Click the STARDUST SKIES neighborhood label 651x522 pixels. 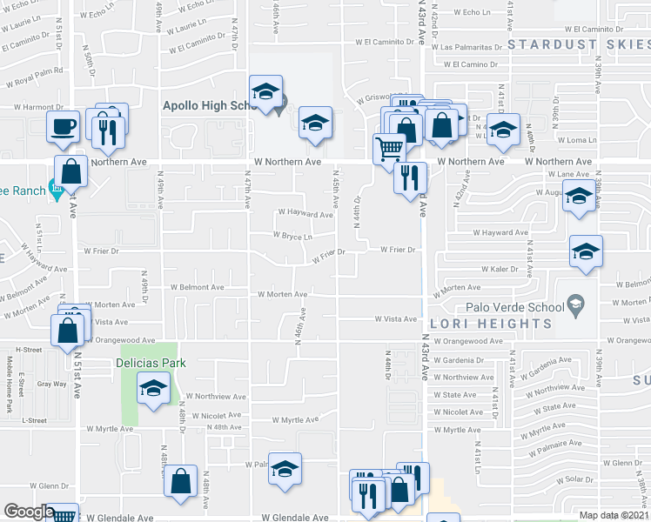point(579,44)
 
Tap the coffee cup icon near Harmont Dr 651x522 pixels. point(63,126)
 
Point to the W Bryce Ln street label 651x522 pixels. point(292,236)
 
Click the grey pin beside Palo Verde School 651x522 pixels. point(575,304)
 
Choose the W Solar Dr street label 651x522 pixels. point(576,479)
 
